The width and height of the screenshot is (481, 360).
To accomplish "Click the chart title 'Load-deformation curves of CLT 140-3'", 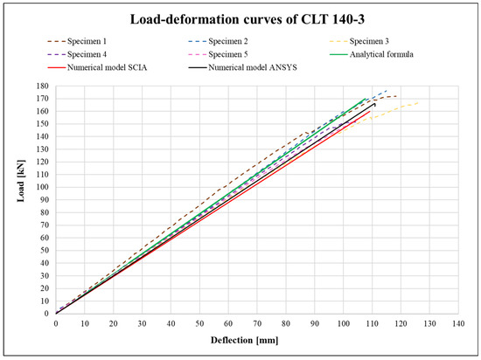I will pos(240,18).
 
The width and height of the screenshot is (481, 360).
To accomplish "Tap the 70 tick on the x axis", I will pos(256,323).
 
